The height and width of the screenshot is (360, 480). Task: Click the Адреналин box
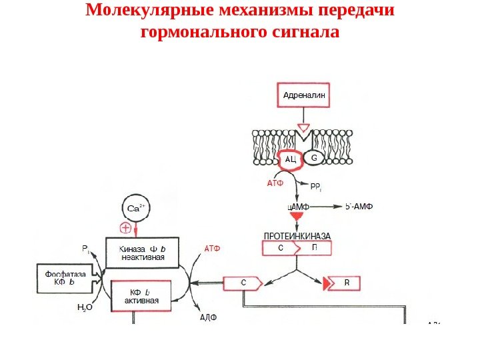tap(303, 95)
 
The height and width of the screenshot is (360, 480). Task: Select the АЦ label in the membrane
tap(290, 159)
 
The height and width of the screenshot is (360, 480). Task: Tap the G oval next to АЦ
tap(315, 159)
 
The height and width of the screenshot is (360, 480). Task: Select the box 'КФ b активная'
tap(141, 297)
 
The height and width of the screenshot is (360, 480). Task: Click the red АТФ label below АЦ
tap(275, 182)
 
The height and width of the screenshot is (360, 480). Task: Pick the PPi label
tap(316, 186)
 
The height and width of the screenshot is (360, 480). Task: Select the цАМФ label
tap(298, 207)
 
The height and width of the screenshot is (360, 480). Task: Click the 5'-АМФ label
tap(361, 206)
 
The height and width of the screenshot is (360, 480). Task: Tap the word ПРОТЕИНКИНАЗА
tap(297, 237)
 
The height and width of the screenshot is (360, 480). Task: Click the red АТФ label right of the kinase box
tap(211, 249)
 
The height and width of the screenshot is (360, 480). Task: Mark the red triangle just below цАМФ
tap(298, 219)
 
